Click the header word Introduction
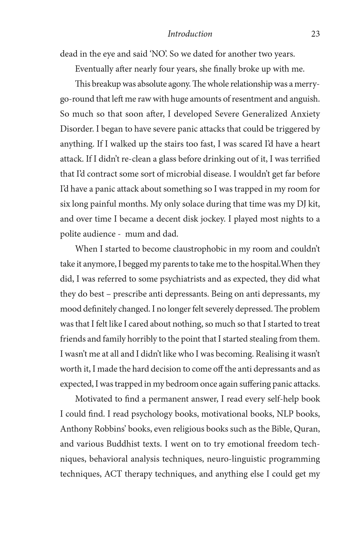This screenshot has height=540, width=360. point(190,34)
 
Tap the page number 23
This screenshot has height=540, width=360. point(315,34)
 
